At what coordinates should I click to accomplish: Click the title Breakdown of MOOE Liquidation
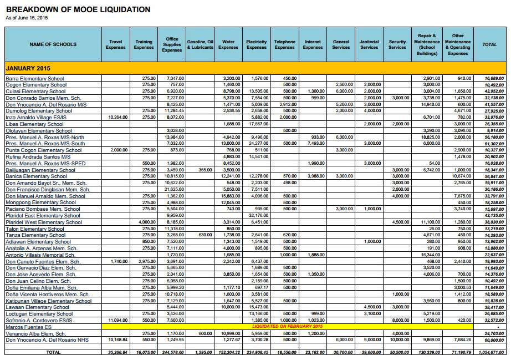78,9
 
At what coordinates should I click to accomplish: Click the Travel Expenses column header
115,44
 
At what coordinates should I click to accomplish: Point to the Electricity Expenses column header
256,44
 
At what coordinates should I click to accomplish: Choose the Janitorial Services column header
369,44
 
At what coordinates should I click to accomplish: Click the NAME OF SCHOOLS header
53,44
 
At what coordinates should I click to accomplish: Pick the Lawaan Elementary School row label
37,307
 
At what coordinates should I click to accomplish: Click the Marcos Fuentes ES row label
28,327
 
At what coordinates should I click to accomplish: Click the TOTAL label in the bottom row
53,352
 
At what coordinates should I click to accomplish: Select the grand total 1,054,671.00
490,352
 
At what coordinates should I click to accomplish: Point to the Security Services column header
397,44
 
